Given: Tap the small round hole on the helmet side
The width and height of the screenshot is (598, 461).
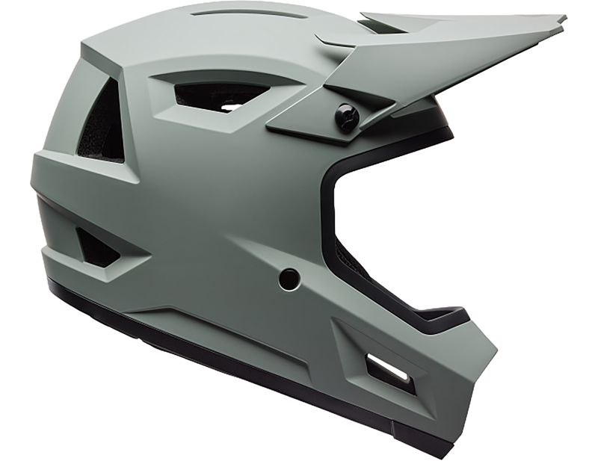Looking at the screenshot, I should pyautogui.click(x=289, y=279).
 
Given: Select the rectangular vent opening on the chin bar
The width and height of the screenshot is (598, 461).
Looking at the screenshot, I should pyautogui.click(x=387, y=371).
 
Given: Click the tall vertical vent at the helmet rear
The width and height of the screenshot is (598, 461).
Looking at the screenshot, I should pyautogui.click(x=103, y=123).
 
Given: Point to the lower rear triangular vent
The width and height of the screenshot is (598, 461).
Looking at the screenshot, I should pyautogui.click(x=97, y=247).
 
